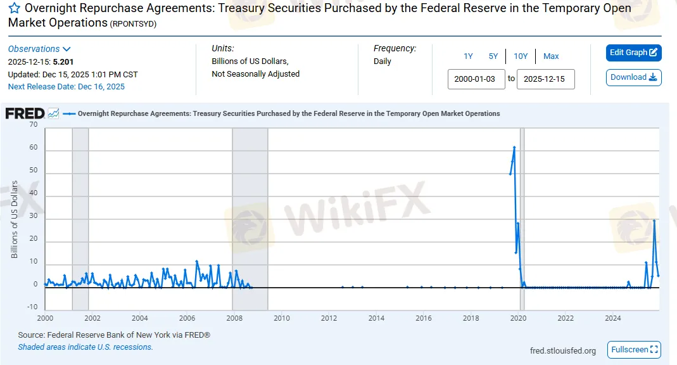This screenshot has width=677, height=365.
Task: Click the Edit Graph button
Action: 633,53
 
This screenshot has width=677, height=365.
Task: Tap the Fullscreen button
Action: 634,350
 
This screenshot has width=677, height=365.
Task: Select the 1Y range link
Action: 468,56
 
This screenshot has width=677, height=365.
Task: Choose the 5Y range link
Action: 493,56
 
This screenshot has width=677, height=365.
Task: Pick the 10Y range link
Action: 521,56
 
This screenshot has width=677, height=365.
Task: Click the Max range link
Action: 551,56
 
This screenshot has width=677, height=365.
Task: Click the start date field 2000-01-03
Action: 476,79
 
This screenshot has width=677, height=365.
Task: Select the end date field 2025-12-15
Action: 545,79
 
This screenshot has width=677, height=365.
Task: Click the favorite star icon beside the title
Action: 14,9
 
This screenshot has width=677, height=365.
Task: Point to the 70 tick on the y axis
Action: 33,125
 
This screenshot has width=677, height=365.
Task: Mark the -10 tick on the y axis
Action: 32,307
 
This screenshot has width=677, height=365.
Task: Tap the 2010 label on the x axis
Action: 281,318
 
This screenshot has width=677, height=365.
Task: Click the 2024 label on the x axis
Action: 612,318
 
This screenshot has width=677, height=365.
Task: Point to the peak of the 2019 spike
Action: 514,148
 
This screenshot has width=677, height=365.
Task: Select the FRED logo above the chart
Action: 25,113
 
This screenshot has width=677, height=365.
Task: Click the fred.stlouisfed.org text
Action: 562,350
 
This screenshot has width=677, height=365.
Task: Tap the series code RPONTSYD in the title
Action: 133,24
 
